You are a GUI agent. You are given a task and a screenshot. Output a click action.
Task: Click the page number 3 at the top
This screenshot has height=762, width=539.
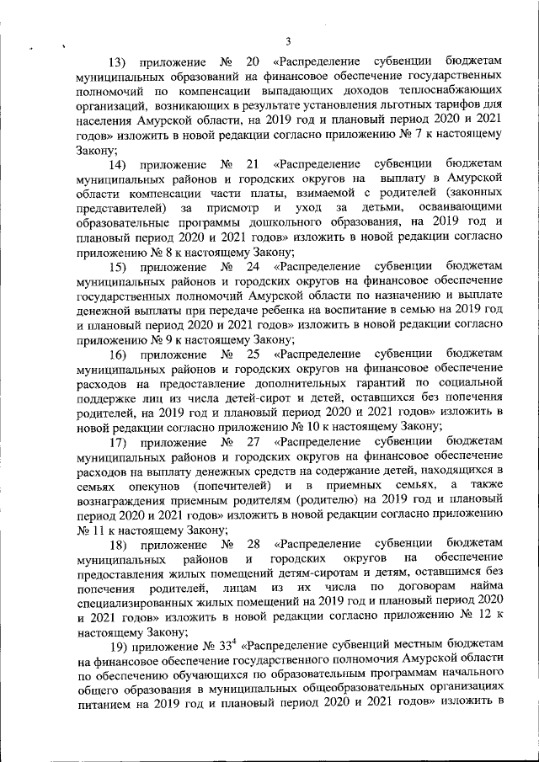click(x=288, y=41)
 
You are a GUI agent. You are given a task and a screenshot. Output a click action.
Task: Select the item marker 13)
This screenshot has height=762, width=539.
click(x=119, y=62)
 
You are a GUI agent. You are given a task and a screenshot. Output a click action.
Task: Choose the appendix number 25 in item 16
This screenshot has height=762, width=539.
click(x=252, y=354)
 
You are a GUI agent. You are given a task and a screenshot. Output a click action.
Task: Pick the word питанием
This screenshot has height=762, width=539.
click(x=103, y=703)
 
